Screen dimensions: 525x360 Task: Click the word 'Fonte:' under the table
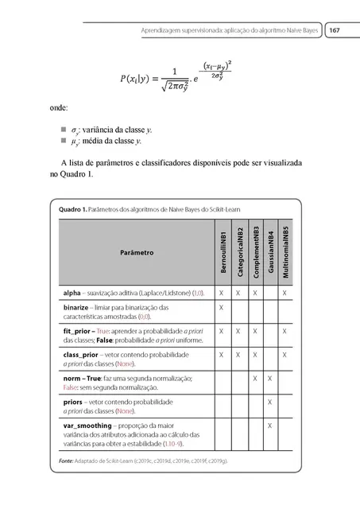coord(60,461)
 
